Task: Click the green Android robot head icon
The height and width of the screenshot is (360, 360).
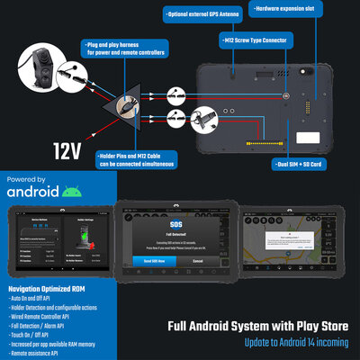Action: coord(73,191)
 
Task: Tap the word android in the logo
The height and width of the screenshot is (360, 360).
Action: coord(33,192)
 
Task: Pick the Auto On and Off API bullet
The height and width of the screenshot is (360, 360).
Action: coord(35,297)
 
